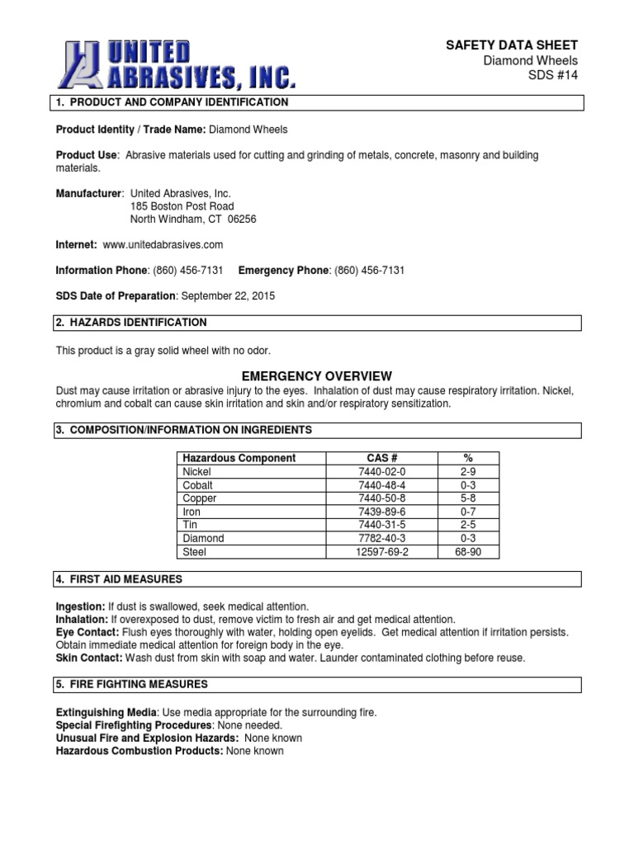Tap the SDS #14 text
[x=553, y=75]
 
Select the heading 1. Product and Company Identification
[x=172, y=102]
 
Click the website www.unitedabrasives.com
[x=163, y=245]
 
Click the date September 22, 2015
[x=228, y=295]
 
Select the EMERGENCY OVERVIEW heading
[x=317, y=376]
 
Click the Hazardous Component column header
[x=239, y=458]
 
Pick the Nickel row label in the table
[x=196, y=472]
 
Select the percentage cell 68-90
[x=467, y=552]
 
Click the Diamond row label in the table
[x=202, y=538]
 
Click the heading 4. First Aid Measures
[x=119, y=579]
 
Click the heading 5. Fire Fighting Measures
[x=131, y=684]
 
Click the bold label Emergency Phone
[x=283, y=271]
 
